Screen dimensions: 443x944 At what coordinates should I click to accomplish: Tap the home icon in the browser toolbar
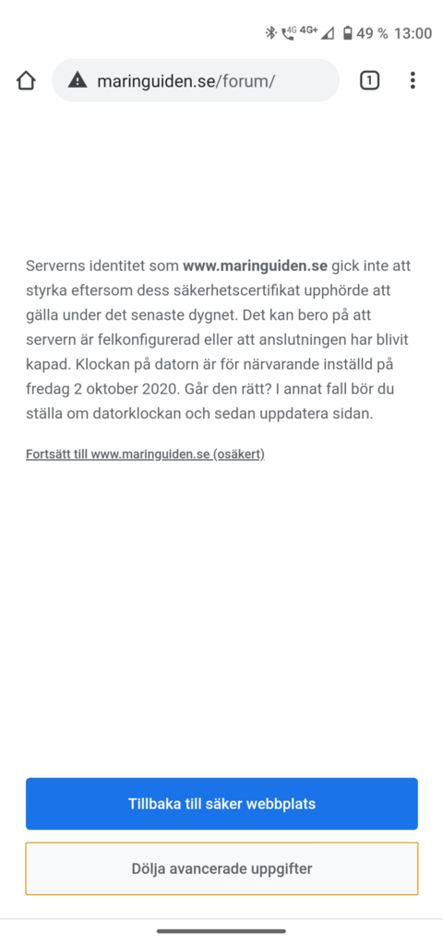click(x=26, y=81)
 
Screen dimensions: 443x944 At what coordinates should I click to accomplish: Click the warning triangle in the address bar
click(x=78, y=81)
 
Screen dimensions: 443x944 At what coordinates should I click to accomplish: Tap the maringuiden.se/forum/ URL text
click(x=186, y=81)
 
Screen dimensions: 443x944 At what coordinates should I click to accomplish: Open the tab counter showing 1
click(x=369, y=81)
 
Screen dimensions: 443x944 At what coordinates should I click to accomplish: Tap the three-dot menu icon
click(x=413, y=81)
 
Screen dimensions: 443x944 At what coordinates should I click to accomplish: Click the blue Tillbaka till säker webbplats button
click(x=221, y=804)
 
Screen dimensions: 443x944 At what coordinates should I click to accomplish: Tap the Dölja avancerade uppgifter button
click(x=221, y=868)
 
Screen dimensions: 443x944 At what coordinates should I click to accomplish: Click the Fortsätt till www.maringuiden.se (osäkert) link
click(x=145, y=454)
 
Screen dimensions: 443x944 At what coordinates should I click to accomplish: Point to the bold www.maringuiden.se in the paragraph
click(x=255, y=266)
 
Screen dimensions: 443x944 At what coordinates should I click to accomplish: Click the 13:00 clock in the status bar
click(x=413, y=33)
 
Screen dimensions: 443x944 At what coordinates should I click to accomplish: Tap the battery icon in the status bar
click(x=347, y=33)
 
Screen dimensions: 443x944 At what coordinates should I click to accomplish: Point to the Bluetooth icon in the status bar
click(x=270, y=33)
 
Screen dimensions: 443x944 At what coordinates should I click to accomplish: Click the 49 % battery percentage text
click(x=372, y=33)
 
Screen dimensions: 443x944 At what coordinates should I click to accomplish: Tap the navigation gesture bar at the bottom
click(x=221, y=931)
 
